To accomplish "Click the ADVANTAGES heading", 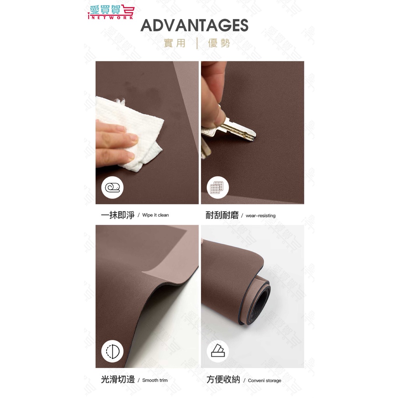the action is [x=194, y=25].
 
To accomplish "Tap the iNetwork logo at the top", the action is [x=111, y=12].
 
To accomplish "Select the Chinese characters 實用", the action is [x=175, y=43].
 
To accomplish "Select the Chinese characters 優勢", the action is [x=219, y=43].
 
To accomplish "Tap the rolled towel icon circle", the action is [x=112, y=188].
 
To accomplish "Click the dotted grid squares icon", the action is [x=218, y=188].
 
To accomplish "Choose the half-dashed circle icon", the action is [x=112, y=351].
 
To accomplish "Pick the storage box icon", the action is [x=218, y=351].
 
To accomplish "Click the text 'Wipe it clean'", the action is [x=155, y=215].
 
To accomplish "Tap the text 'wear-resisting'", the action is [x=260, y=215].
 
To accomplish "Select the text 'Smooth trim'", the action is [x=155, y=380].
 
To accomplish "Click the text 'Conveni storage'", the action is [x=264, y=381].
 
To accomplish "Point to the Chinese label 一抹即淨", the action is [x=118, y=215].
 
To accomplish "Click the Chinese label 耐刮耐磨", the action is [x=222, y=215].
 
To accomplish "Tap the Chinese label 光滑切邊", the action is [x=118, y=379].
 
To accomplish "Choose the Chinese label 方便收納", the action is [x=223, y=379].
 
